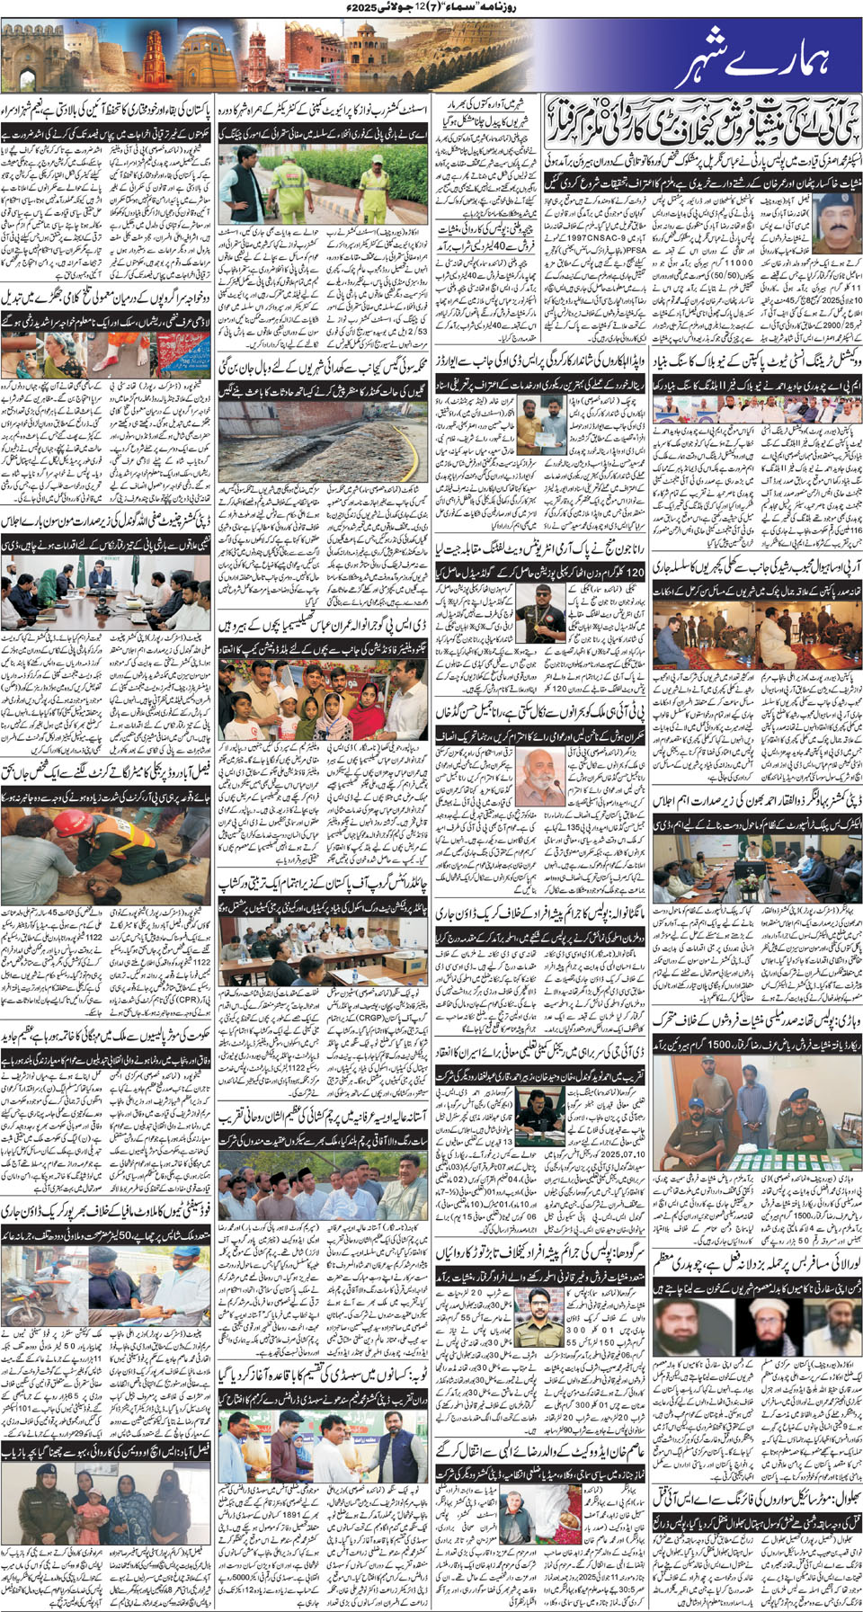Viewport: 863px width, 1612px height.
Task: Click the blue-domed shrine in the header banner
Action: point(205,53)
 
